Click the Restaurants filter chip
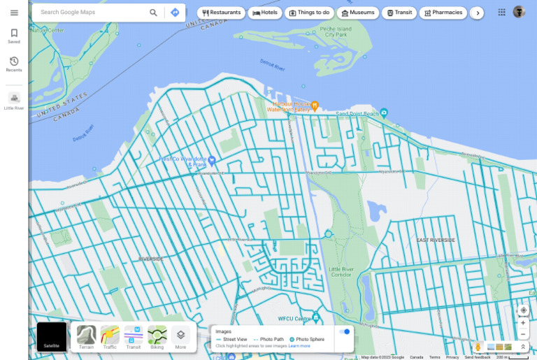pos(221,13)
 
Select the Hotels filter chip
pos(265,13)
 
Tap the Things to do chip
pos(309,13)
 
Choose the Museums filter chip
pos(357,13)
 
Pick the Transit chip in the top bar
pos(399,13)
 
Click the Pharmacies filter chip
pos(443,13)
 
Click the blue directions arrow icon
pos(175,13)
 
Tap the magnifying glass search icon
pos(153,13)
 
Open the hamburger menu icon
pos(14,13)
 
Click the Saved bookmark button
pos(14,36)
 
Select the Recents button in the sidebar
pos(14,64)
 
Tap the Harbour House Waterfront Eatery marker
pos(315,106)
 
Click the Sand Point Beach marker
pos(384,113)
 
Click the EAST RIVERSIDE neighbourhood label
pos(436,240)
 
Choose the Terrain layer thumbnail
pos(87,336)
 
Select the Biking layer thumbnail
pos(157,336)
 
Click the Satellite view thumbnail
pos(52,336)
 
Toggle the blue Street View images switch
pos(344,331)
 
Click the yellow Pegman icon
pos(478,347)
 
